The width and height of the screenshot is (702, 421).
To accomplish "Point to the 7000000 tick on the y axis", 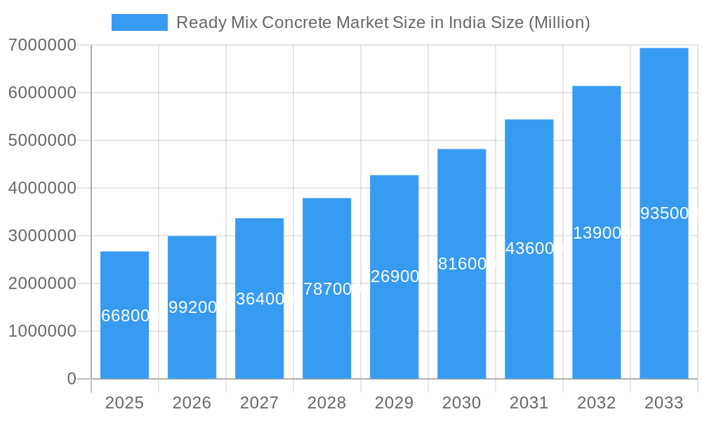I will (42, 46).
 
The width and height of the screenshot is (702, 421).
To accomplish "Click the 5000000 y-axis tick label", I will (42, 140).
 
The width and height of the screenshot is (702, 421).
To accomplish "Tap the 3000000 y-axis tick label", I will (42, 236).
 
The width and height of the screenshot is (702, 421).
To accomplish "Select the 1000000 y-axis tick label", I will (42, 331).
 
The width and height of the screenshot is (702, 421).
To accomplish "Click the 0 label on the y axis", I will (71, 379).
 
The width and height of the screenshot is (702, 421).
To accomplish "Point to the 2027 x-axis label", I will (259, 403).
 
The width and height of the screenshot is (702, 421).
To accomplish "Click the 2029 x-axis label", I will (394, 403).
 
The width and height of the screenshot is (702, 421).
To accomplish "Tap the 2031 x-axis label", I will (529, 403).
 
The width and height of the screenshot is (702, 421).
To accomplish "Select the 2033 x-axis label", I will (663, 403).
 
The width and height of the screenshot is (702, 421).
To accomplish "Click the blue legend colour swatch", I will (139, 22).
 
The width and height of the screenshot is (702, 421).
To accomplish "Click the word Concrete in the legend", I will (303, 22).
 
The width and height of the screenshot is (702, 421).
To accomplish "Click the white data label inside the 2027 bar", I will (260, 299).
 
